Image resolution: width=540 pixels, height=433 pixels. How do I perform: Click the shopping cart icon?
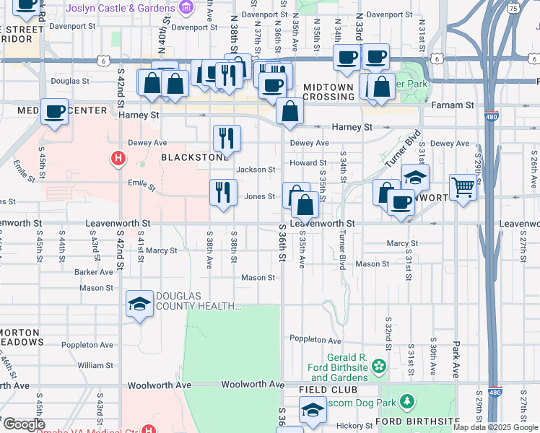(x=463, y=188)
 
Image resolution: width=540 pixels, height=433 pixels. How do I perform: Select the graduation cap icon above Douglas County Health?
(x=139, y=303)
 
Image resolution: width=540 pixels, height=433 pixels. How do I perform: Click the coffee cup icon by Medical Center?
(x=54, y=112)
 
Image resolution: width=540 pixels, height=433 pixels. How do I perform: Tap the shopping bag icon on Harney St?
(x=289, y=112)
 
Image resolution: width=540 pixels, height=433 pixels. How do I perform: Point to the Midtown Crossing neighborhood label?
(x=328, y=92)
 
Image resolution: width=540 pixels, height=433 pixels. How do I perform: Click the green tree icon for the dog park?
(x=407, y=401)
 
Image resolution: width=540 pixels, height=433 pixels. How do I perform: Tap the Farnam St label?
(x=451, y=105)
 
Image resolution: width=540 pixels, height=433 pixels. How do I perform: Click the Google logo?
(x=24, y=424)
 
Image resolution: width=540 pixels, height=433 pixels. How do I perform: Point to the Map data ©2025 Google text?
(x=495, y=427)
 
